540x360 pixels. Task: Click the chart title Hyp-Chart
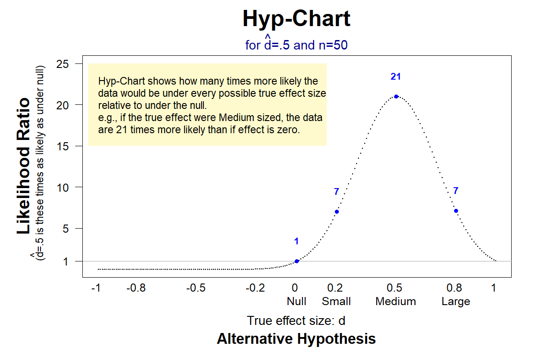click(x=296, y=19)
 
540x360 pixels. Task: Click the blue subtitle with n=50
click(x=296, y=45)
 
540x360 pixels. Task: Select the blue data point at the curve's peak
click(x=396, y=96)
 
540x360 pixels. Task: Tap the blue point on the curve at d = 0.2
click(x=337, y=211)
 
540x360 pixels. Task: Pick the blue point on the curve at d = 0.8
click(x=456, y=211)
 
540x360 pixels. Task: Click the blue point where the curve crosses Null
click(x=297, y=261)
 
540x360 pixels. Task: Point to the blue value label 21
click(x=396, y=77)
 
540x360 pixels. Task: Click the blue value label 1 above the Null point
click(x=297, y=242)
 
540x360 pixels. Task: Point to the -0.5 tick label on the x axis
click(x=196, y=288)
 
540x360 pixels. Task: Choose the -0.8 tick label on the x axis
click(x=136, y=288)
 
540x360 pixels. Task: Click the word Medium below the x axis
click(x=396, y=301)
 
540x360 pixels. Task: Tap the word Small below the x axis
click(x=336, y=301)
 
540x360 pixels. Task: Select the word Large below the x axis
click(x=456, y=301)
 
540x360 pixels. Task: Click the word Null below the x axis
click(x=297, y=301)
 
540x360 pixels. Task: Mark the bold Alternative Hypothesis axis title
click(x=296, y=338)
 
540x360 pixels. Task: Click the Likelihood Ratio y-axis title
click(x=24, y=166)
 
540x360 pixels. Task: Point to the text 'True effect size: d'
click(x=296, y=321)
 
